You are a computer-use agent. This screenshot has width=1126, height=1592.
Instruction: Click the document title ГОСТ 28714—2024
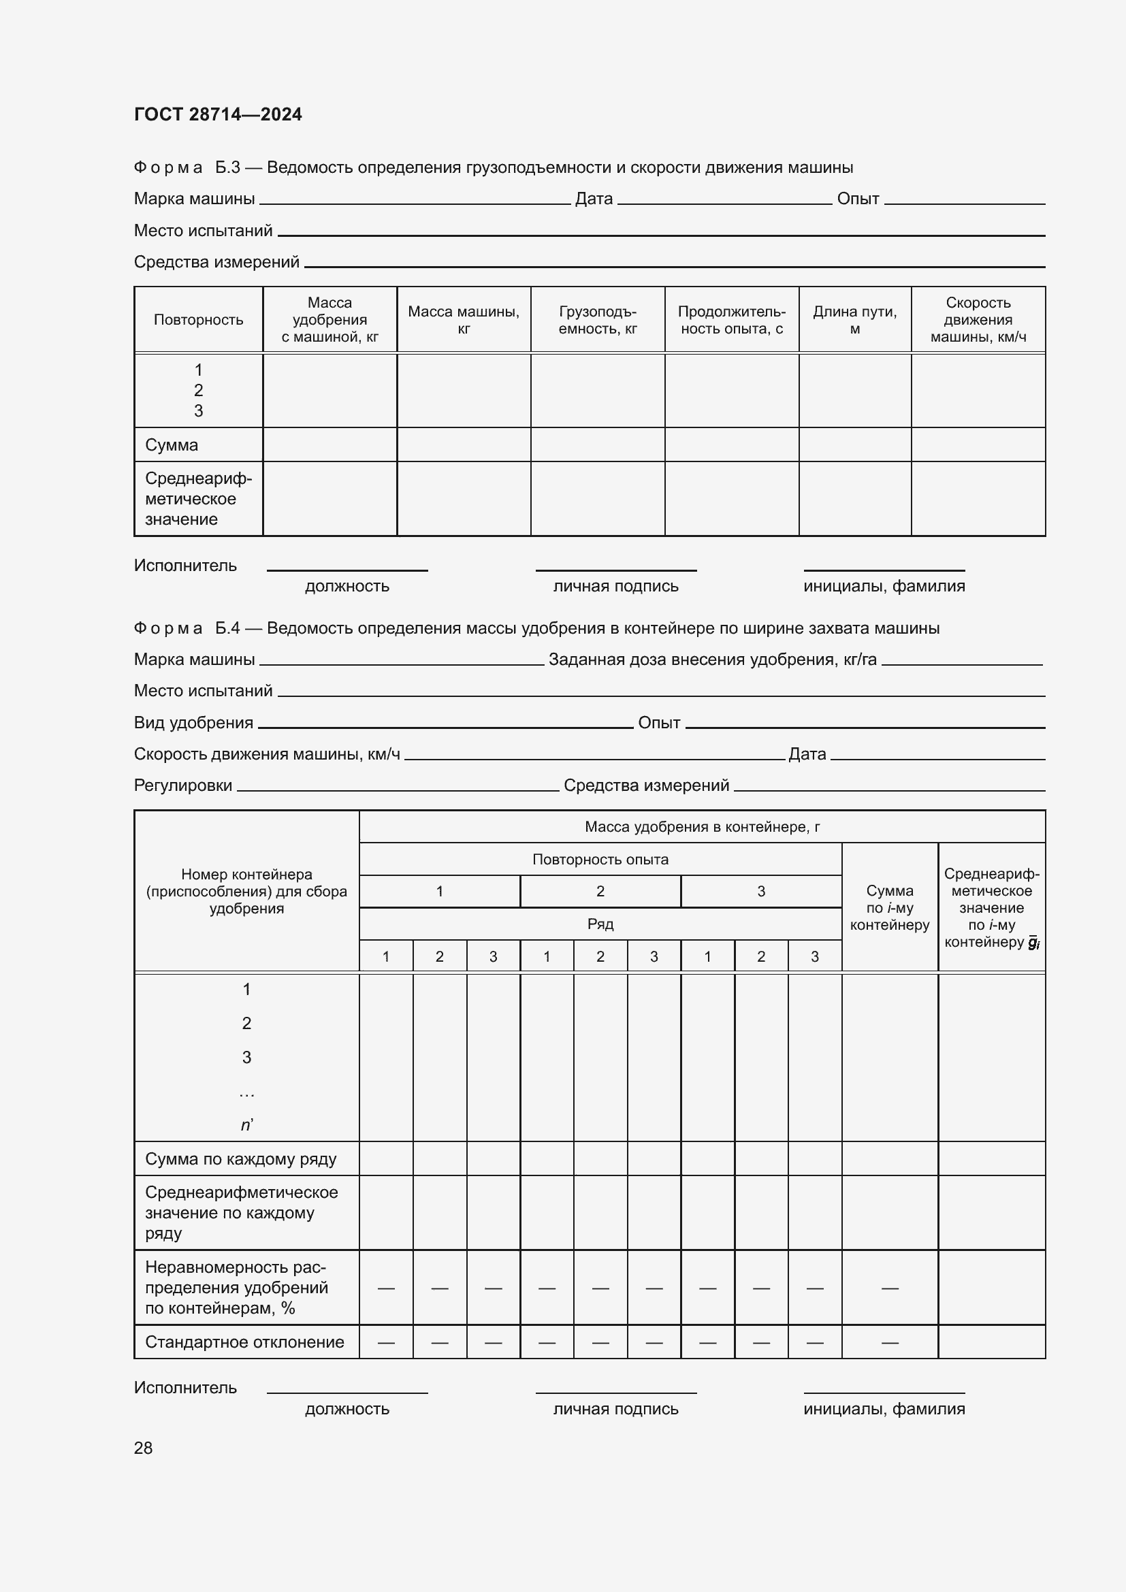[x=218, y=114]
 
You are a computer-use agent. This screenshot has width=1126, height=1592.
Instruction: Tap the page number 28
[x=143, y=1447]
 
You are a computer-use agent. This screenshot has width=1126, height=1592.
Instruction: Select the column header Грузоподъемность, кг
[x=597, y=320]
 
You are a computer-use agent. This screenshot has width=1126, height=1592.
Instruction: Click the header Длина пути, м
[x=854, y=320]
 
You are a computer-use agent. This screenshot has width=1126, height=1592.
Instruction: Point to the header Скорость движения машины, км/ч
[x=978, y=320]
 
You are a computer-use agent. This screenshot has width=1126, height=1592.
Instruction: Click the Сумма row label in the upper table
[x=172, y=445]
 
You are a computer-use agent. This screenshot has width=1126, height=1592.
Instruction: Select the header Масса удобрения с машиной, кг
[x=329, y=320]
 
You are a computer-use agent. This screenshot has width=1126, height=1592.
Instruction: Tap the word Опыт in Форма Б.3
[x=858, y=199]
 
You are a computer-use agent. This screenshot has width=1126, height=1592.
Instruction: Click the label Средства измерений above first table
[x=216, y=262]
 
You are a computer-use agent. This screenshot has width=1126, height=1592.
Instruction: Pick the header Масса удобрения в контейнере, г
[x=702, y=826]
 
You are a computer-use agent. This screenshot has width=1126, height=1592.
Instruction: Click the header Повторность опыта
[x=600, y=859]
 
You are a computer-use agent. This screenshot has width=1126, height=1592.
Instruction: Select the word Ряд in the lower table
[x=600, y=924]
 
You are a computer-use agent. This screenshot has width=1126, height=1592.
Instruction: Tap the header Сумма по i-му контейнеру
[x=890, y=908]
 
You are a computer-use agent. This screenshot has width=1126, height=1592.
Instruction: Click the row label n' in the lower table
[x=247, y=1124]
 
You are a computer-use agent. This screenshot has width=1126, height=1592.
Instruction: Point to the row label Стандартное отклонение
[x=244, y=1342]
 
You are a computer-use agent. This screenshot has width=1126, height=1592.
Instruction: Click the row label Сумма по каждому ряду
[x=240, y=1158]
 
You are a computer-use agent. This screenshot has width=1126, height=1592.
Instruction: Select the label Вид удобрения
[x=193, y=723]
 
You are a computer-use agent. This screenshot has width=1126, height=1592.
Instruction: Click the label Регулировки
[x=183, y=785]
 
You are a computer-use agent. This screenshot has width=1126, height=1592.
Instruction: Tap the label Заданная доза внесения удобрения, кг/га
[x=712, y=660]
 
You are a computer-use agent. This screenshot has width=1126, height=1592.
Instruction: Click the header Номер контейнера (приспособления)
[x=246, y=891]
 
